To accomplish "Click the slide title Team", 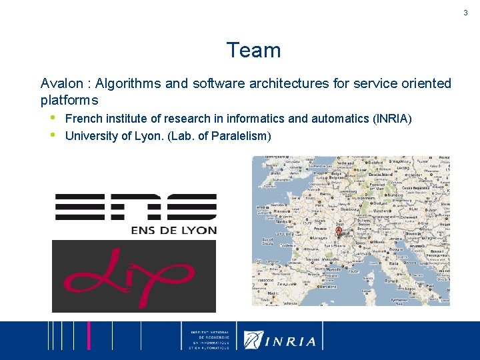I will pos(253,51).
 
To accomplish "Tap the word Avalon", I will pos(62,84).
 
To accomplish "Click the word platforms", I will pos(69,101).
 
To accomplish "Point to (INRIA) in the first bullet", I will pos(394,119).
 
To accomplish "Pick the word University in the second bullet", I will pos(91,137).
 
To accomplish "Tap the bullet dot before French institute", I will pos(53,118).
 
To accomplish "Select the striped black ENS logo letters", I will pos(135,207).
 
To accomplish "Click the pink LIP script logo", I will pos(133,275).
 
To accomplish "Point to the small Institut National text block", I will pos(209,340).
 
